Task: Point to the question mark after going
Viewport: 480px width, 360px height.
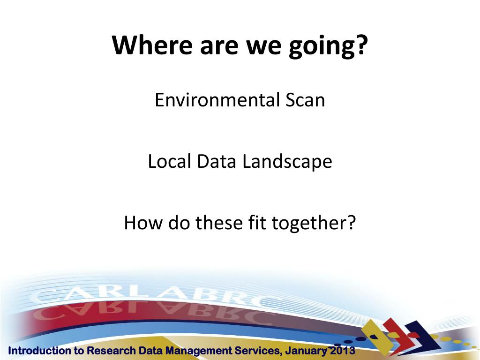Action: [x=362, y=45]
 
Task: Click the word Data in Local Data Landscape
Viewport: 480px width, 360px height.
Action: [x=217, y=161]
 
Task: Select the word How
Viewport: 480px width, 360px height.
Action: [x=143, y=223]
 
